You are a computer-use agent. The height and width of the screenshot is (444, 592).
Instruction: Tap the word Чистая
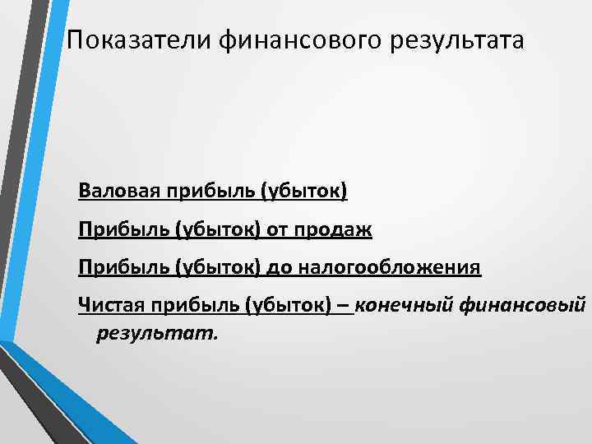[x=109, y=306]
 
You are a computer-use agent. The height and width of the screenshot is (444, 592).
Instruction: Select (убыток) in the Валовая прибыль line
[x=304, y=192]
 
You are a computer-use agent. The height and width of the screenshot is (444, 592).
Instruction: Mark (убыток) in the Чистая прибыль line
[x=289, y=306]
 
